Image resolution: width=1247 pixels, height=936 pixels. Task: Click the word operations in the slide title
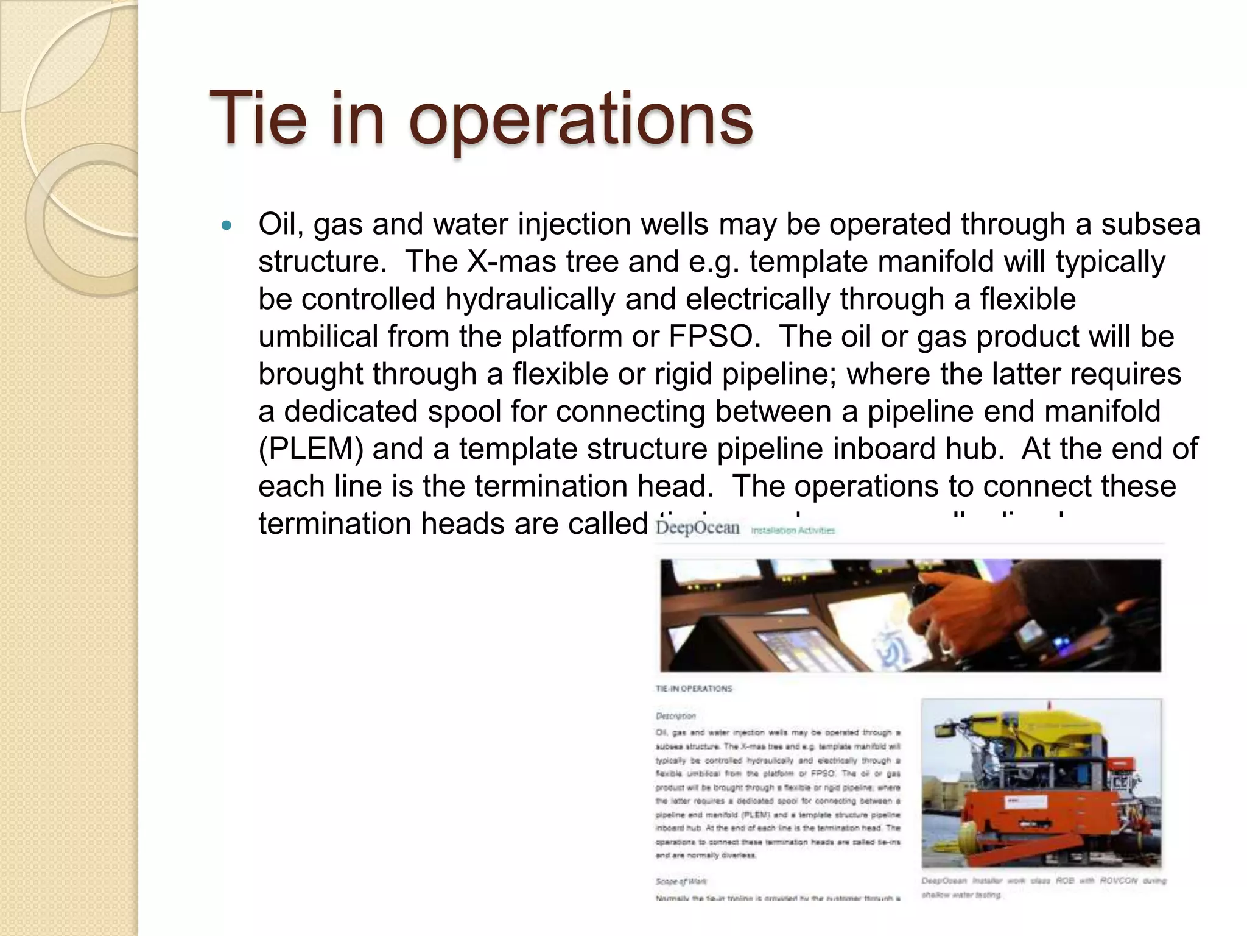tap(581, 119)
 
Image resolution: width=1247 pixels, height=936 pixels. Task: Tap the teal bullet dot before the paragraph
tap(227, 225)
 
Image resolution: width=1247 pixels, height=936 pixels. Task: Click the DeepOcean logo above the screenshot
tap(698, 528)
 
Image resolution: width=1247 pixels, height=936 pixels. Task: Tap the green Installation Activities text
tap(793, 531)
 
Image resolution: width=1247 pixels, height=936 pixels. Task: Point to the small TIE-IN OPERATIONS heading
tap(694, 689)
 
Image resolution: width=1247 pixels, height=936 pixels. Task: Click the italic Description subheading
tap(675, 716)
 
